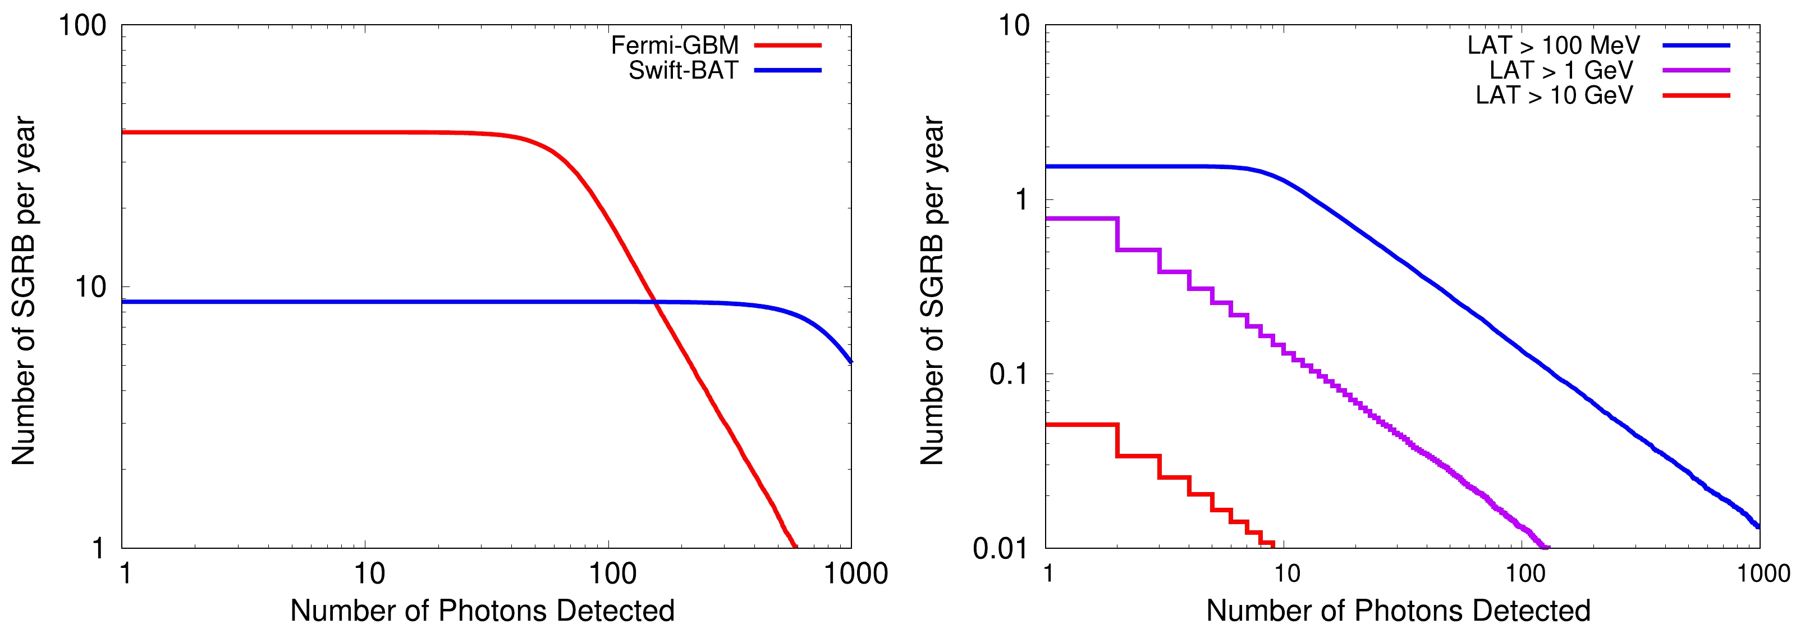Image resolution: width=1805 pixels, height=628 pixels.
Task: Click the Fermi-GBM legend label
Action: (675, 45)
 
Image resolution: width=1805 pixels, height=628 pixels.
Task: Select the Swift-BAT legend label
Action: (683, 71)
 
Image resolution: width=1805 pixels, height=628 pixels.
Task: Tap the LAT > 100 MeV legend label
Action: (1554, 45)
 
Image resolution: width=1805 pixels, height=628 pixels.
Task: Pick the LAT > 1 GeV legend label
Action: (1561, 71)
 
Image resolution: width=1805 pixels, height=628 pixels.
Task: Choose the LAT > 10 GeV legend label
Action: (1554, 95)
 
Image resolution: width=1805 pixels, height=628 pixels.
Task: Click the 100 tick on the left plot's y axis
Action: (82, 26)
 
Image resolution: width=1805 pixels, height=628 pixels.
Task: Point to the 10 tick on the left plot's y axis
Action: (90, 286)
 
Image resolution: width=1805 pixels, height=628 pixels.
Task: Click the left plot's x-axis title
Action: (482, 611)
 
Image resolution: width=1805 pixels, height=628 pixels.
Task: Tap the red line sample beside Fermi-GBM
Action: (787, 45)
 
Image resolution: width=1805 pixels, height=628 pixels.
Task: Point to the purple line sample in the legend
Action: (1696, 71)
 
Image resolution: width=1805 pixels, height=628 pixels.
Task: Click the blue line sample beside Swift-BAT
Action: (787, 71)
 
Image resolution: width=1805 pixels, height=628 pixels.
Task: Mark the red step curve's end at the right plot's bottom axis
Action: (1272, 545)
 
